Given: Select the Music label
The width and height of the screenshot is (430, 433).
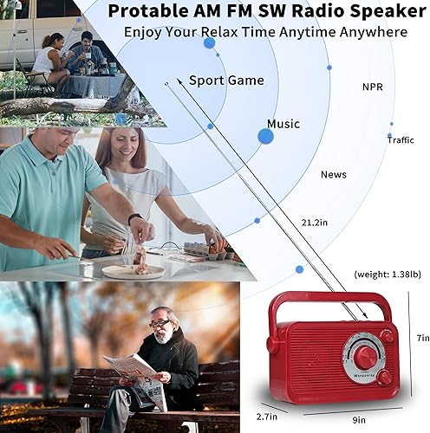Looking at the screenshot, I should click(283, 124).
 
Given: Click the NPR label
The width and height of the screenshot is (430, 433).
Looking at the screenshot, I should click(373, 87).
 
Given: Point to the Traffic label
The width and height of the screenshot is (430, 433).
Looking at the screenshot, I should click(401, 139).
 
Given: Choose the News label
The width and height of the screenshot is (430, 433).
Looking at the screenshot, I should click(333, 175).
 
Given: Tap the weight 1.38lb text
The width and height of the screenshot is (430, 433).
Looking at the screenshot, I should click(388, 274).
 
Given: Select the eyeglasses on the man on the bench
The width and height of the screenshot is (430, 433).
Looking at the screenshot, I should click(158, 323).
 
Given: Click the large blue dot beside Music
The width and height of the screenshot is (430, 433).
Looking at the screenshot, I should click(265, 136).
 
